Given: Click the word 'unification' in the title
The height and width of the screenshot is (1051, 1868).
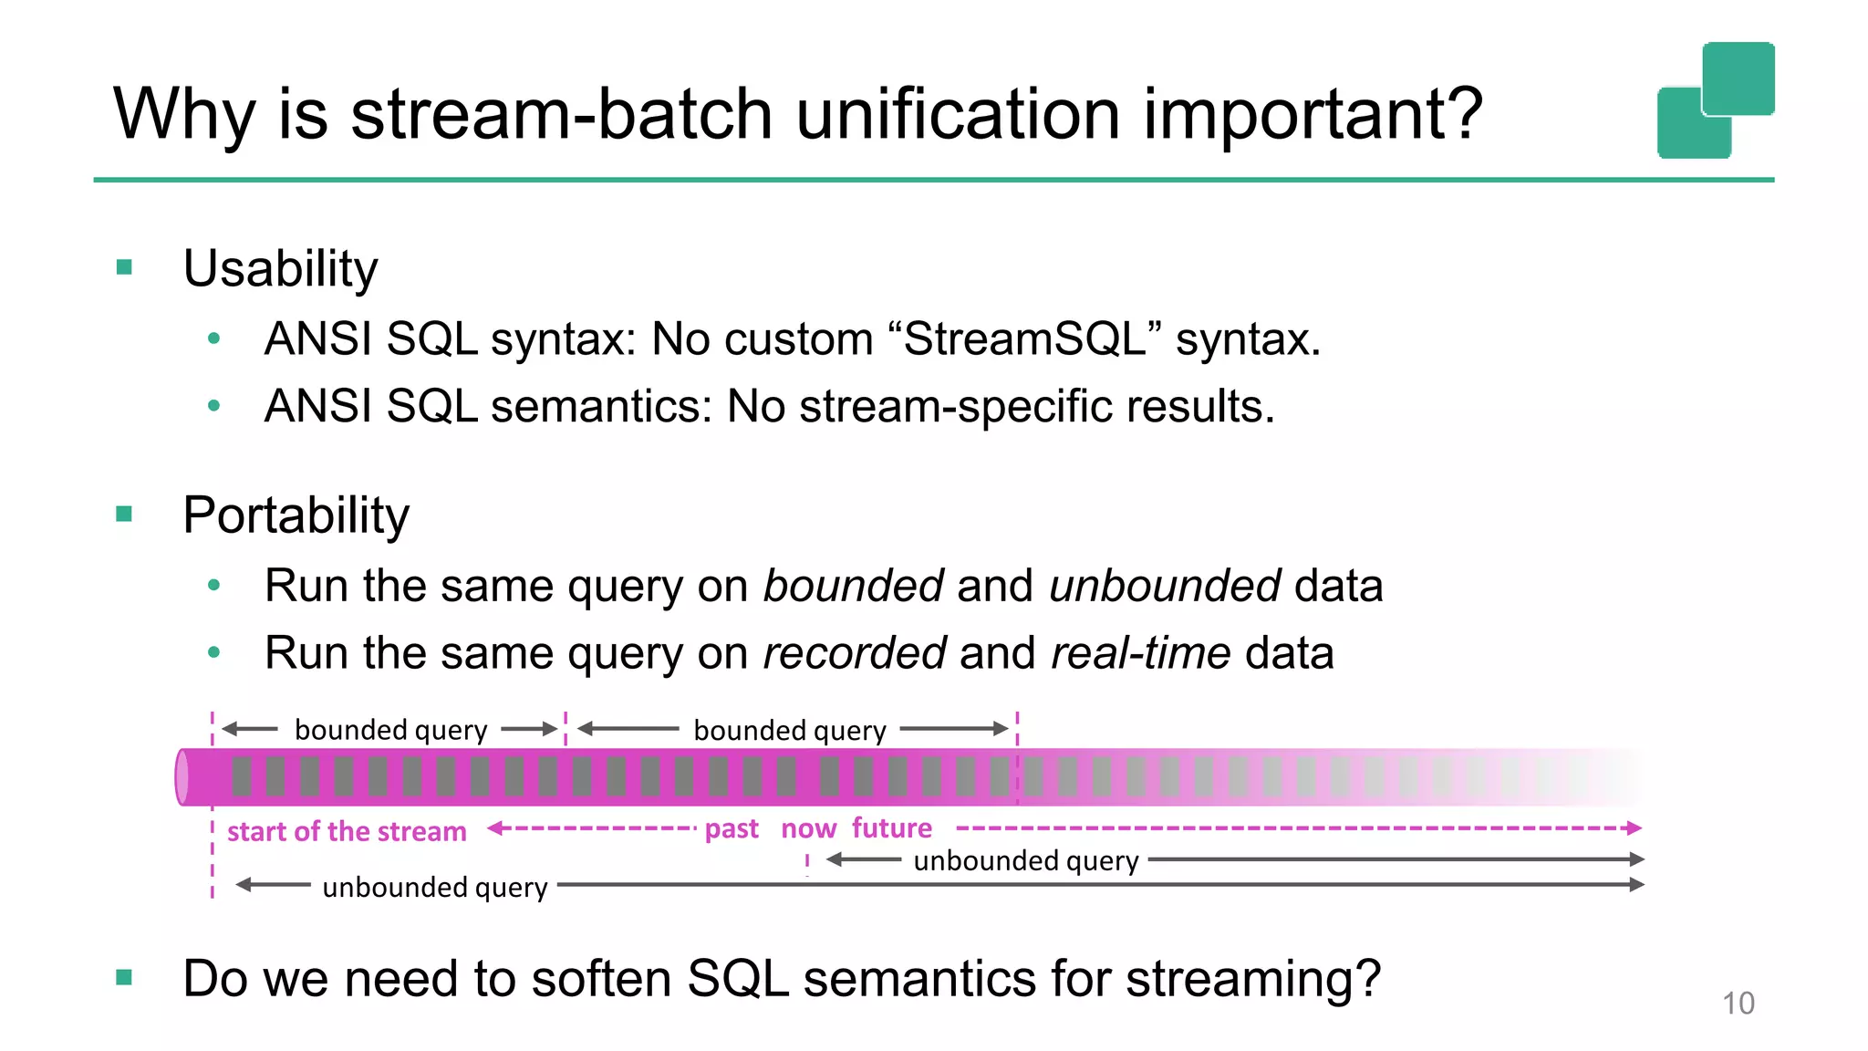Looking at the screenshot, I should pos(959,115).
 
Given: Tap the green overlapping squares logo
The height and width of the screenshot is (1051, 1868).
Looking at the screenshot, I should pos(1716,100).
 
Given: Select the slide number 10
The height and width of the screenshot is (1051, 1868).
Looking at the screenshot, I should pos(1738,1003).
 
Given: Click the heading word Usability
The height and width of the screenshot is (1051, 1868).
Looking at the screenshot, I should pos(280,269).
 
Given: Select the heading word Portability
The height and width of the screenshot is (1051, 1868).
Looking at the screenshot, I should pos(296,515).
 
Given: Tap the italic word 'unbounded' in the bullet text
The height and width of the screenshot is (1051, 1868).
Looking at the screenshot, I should pos(1165,586).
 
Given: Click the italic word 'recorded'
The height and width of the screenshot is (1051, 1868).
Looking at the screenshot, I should pos(854,653).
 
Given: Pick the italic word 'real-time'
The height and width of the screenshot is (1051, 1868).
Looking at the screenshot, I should pos(1140,653).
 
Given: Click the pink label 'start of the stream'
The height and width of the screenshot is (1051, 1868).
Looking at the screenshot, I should pos(347,831).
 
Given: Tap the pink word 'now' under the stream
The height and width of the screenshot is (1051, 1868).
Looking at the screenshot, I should pos(808,828).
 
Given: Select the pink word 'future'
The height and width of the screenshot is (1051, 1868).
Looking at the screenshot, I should pos(891,827).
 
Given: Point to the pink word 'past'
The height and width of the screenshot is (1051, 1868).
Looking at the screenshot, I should pos(732,828).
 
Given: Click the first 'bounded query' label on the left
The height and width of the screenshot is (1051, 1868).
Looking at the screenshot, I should pos(390,730).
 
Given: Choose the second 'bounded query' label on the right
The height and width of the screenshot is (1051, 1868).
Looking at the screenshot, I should pos(789,730).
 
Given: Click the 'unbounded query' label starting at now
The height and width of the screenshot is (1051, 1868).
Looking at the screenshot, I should pos(1025,860).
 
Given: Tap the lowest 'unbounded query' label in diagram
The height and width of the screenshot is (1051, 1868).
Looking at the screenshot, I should pos(434,887).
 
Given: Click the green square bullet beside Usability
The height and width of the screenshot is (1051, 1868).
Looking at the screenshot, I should pos(125,267).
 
